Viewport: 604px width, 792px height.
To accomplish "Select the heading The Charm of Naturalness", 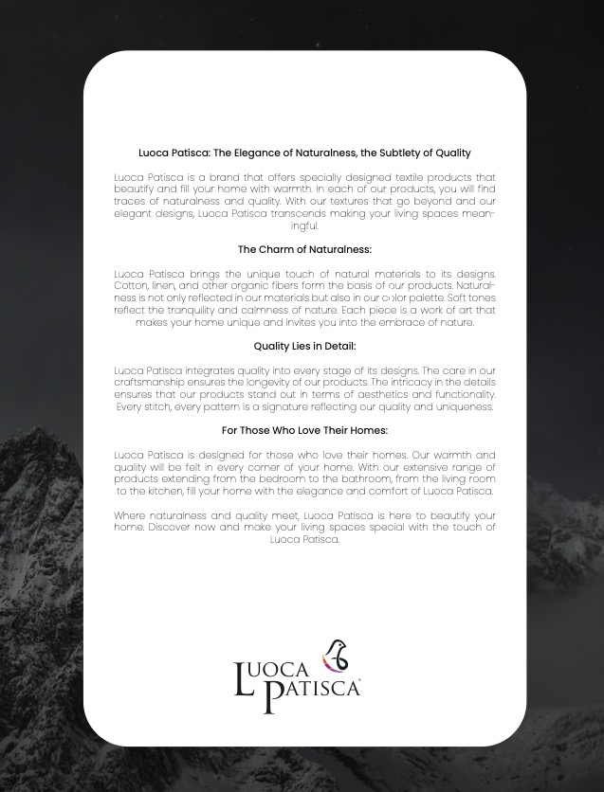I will [304, 250].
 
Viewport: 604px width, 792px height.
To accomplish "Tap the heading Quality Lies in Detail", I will [304, 347].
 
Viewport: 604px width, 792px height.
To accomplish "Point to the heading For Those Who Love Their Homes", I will [304, 430].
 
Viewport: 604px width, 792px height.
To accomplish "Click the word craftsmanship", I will [156, 383].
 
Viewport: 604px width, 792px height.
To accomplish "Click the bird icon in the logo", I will [335, 656].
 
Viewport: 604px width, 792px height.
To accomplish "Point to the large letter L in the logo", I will [244, 680].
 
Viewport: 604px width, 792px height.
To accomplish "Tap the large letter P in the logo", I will [273, 696].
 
